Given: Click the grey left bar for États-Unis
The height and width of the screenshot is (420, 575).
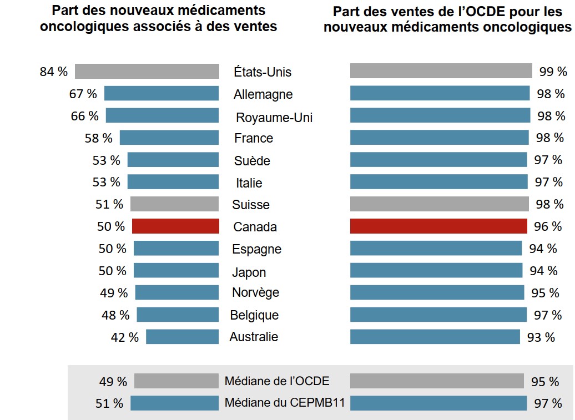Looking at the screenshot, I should pos(147,72).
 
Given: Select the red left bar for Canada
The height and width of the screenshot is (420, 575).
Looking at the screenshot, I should pos(175,226).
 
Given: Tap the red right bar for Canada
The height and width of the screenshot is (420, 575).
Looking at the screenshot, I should pos(438,226).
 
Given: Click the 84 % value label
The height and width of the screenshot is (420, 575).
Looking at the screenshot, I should pos(54,72).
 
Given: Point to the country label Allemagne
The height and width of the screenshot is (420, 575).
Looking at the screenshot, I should pos(263,94).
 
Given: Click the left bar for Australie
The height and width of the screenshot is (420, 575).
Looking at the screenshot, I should pos(183,337).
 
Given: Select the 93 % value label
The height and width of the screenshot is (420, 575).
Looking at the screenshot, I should pos(541,337).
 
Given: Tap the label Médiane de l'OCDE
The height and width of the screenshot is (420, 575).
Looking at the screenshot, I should pos(277,381).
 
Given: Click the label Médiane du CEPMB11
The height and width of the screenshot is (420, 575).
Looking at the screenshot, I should pos(285,403).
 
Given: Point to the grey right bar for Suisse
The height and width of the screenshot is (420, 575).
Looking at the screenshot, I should pos(440,204).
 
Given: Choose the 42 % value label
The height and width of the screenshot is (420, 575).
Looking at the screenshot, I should pos(125,337).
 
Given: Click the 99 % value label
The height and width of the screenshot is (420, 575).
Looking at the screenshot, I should pos(553,72).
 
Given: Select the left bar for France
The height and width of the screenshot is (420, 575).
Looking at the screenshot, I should pos(169,138).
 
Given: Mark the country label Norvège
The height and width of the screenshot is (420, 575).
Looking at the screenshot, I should pos(256,293).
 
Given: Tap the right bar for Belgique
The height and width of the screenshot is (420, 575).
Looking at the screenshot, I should pos(438,315).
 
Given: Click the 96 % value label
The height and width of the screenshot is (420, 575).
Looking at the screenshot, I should pos(548,226).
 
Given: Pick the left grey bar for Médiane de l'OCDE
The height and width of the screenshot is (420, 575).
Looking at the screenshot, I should pos(176,381).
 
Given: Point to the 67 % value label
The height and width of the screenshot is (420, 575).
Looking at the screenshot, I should pos(83,94).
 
